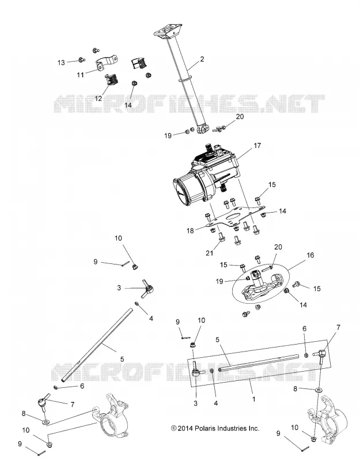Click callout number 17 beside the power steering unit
(257, 146)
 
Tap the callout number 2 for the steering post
(202, 59)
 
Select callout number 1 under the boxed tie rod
(253, 399)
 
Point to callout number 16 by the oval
(310, 255)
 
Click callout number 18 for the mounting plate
(190, 231)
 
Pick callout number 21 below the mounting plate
(209, 253)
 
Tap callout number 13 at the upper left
(61, 63)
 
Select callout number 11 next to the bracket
(81, 75)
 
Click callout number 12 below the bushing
(98, 99)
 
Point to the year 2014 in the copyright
(186, 428)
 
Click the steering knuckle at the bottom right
(328, 419)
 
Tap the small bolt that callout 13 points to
(82, 60)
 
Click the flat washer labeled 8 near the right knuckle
(319, 390)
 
